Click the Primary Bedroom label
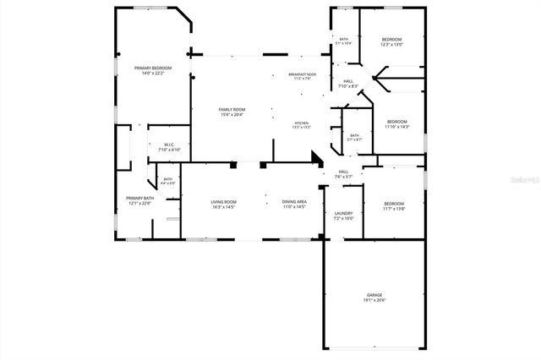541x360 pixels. (152, 68)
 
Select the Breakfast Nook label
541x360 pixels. (302, 74)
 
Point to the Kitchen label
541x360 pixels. (301, 123)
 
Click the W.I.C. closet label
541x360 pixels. (168, 145)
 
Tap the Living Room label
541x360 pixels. (223, 202)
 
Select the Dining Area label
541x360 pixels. (294, 202)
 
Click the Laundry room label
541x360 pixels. (343, 213)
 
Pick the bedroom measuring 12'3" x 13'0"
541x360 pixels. (391, 40)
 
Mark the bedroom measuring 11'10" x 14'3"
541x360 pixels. (396, 122)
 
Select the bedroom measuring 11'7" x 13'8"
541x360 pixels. (394, 203)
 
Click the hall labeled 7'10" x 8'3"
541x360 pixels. (348, 82)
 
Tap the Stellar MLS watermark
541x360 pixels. (516, 179)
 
